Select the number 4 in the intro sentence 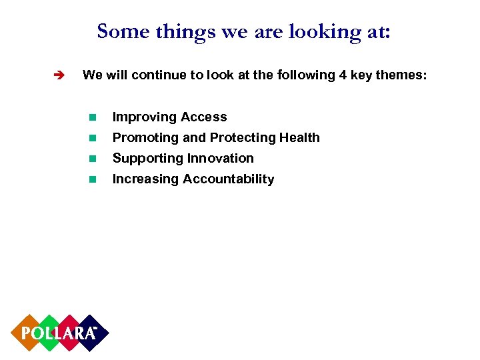(x=343, y=75)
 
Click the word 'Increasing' (x=145, y=179)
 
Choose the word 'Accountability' (x=229, y=179)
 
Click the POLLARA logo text (x=59, y=333)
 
